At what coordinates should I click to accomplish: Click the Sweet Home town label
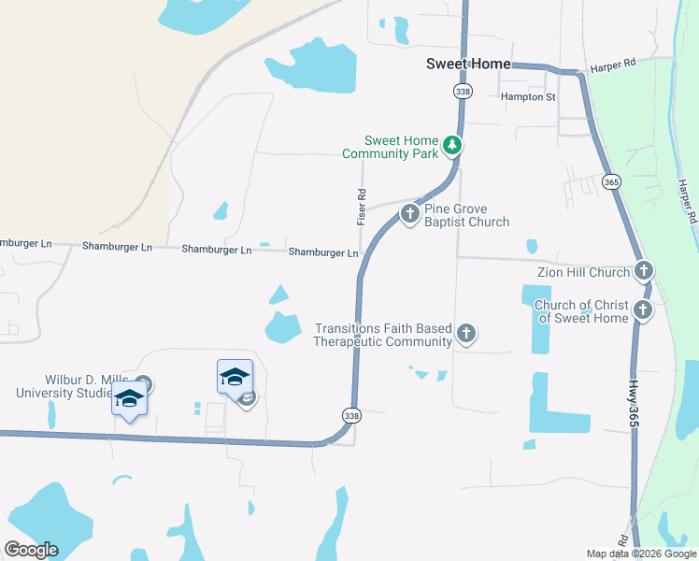pos(468,64)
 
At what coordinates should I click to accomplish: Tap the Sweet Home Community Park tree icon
pos(452,145)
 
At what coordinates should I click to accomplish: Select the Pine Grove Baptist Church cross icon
pos(409,214)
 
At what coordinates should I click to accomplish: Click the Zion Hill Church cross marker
pos(643,272)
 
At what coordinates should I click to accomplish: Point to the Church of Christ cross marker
pos(643,310)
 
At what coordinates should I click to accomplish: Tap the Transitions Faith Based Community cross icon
pos(465,333)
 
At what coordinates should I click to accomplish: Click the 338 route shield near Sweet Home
pos(463,91)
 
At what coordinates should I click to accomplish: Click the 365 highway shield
pos(611,181)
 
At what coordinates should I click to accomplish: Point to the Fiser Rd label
pos(362,206)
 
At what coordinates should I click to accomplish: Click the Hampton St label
pos(528,96)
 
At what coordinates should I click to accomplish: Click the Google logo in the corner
pos(31,549)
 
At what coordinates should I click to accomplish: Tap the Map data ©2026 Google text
pos(640,554)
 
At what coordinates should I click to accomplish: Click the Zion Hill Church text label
pos(583,272)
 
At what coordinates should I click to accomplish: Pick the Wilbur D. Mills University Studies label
pos(63,387)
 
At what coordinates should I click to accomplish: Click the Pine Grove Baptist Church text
pos(467,215)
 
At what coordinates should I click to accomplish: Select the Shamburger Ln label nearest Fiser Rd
pos(323,252)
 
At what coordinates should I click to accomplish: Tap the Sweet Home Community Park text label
pos(389,147)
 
